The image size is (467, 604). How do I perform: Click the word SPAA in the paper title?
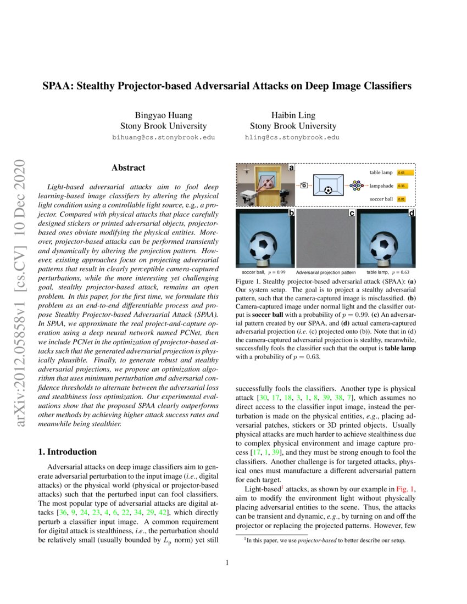point(59,86)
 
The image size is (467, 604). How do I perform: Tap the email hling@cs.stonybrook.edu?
point(292,138)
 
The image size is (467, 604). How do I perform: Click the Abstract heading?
point(128,168)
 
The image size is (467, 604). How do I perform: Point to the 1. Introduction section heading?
point(67,452)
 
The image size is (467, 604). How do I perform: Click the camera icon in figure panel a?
point(303,186)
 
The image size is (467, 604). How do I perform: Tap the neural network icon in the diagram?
point(356,186)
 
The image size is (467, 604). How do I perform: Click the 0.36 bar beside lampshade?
point(402,186)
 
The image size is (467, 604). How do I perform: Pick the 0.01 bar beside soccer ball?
point(401,199)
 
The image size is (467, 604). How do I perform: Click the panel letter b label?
point(291,212)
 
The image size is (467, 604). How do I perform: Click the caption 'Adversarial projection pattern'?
point(326,272)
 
